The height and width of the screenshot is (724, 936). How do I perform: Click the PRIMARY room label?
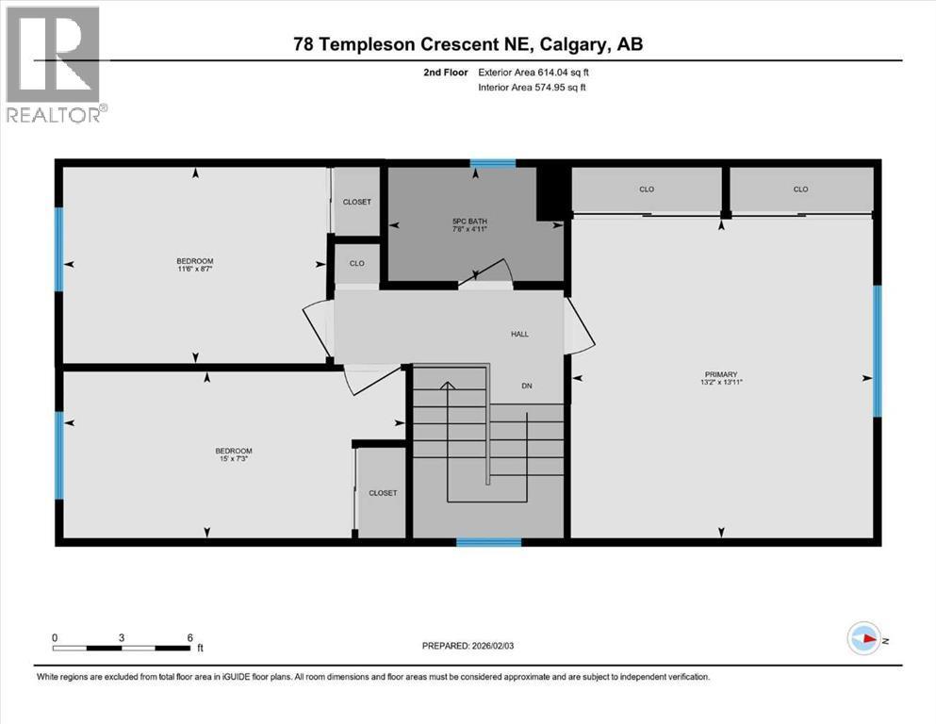[726, 373]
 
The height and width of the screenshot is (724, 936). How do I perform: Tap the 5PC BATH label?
[468, 222]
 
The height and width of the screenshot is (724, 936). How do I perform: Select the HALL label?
[520, 334]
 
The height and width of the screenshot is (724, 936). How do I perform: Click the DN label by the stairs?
[528, 385]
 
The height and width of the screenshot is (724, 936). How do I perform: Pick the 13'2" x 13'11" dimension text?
[726, 383]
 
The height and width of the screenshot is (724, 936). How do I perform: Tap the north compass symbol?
[862, 639]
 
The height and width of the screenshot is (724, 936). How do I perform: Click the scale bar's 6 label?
[189, 636]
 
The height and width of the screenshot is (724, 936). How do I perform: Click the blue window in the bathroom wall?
[493, 164]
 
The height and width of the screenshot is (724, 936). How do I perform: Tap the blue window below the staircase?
[488, 542]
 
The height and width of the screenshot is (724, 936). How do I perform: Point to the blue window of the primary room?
[877, 351]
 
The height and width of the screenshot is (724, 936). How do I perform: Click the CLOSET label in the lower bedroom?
[383, 493]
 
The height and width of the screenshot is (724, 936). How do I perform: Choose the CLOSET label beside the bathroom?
[356, 202]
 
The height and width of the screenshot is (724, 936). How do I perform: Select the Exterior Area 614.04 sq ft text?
[535, 72]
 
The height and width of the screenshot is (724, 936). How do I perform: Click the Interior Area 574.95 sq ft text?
[535, 88]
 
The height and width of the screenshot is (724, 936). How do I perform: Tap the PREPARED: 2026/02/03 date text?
[474, 646]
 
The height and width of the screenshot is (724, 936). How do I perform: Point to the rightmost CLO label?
[800, 189]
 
